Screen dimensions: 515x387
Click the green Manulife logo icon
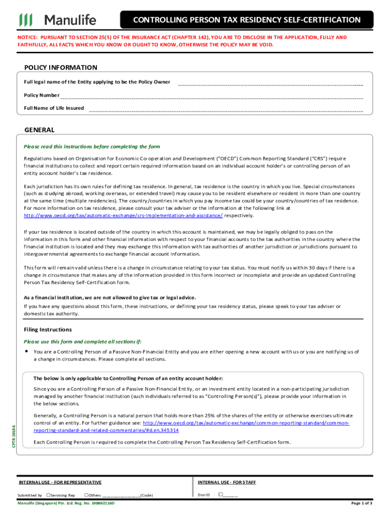pos(26,20)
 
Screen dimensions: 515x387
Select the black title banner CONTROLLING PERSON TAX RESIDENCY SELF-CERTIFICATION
pos(246,20)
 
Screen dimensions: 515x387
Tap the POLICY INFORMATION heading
pos(61,67)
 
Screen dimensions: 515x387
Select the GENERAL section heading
pos(39,130)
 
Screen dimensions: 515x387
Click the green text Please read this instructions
pos(92,146)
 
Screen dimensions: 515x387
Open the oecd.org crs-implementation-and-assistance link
pos(123,215)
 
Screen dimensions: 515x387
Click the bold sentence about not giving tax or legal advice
pos(110,297)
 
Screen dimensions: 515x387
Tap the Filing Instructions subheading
pos(48,329)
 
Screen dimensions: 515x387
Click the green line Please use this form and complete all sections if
pos(86,341)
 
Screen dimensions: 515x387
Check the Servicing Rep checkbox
pos(48,495)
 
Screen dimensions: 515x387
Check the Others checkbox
pos(86,495)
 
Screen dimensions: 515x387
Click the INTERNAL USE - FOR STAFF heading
pos(227,482)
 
